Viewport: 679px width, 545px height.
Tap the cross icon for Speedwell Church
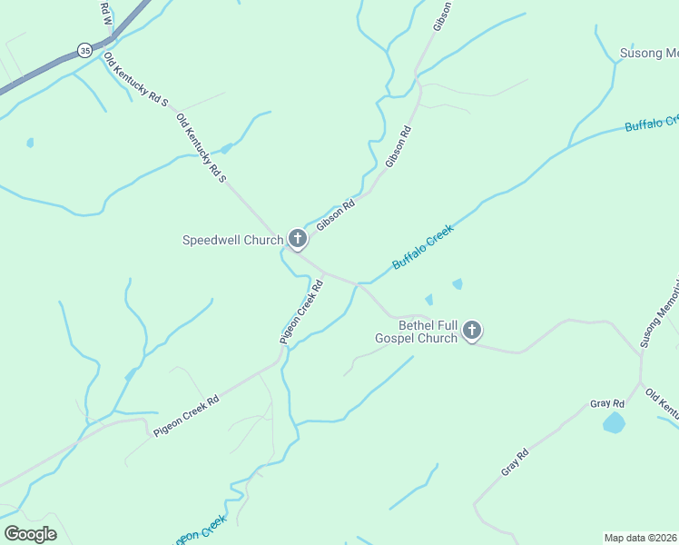(297, 240)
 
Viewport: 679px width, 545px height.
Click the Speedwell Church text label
(233, 241)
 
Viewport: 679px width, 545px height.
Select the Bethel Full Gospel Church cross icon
(472, 331)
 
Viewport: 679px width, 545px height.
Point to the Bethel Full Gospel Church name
(416, 332)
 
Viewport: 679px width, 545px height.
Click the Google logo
(30, 533)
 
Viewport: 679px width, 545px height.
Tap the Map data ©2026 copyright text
(641, 538)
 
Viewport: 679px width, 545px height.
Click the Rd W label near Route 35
(105, 12)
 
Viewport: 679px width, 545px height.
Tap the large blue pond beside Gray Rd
(615, 422)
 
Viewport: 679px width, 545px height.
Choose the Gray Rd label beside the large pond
(607, 403)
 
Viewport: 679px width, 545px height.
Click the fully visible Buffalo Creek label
(422, 248)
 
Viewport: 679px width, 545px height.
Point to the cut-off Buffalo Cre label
(651, 123)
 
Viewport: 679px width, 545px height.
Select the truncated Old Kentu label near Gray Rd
(661, 402)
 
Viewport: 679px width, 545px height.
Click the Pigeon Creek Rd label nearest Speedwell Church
(302, 312)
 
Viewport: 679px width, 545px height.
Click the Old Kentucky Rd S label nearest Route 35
(135, 79)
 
